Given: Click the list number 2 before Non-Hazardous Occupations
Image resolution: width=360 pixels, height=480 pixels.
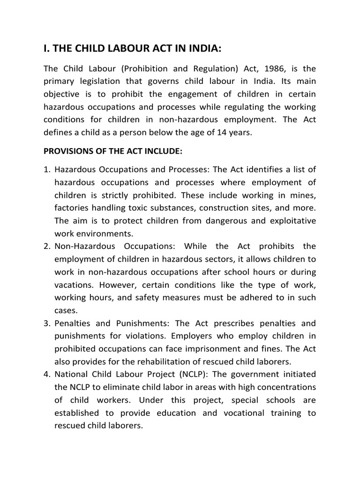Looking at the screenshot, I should pos(47,246).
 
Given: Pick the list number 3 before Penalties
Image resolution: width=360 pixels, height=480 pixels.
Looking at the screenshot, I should pos(47,323).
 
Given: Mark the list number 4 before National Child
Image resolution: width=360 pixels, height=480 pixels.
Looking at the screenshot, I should pos(47,375).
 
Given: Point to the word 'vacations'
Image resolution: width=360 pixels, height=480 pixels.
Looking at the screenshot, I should pos(74,285).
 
